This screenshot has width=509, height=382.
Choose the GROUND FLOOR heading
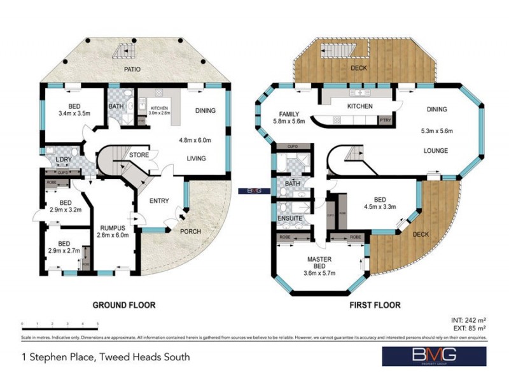point(124,305)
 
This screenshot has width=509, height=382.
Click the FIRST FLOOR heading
point(375,305)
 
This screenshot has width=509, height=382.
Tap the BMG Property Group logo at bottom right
point(434,356)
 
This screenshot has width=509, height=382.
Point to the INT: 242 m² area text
point(468,320)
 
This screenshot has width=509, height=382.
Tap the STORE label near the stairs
point(139,155)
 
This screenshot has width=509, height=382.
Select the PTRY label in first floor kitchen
point(385,120)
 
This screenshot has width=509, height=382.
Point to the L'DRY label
point(63,159)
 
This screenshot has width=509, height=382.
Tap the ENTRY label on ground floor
point(158,201)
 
